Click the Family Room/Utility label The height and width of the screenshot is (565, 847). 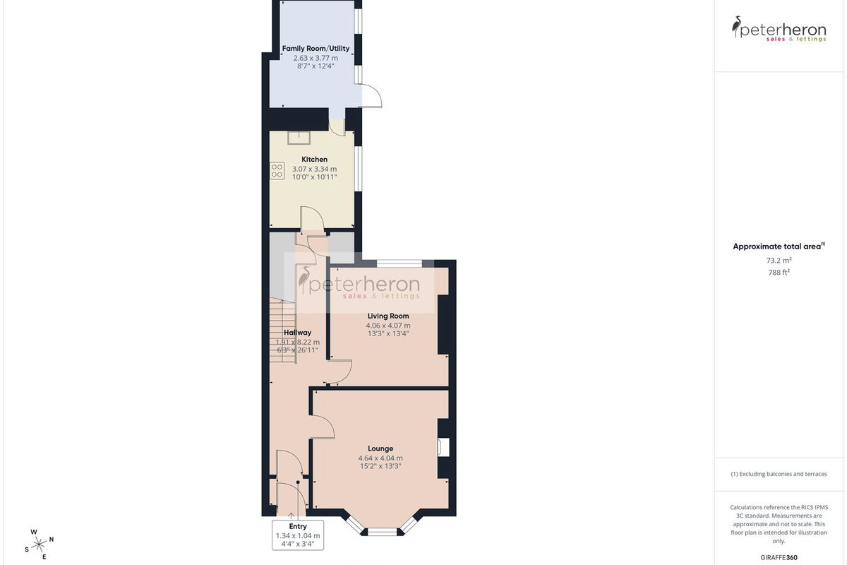(316, 49)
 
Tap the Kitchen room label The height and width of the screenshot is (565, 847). (314, 160)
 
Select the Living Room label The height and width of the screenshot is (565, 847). (388, 316)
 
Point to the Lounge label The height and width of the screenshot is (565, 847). (380, 448)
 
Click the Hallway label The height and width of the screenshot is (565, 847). (298, 333)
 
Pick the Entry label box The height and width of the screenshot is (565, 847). (298, 535)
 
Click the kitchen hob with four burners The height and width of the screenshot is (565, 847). (277, 171)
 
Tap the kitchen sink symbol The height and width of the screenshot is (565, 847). (299, 138)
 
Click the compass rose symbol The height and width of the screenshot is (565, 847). (39, 545)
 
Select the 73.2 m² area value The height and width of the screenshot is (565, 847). (779, 261)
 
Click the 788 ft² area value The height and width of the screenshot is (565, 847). (779, 272)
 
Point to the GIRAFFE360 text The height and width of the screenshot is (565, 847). (779, 557)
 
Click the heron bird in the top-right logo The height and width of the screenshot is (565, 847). (735, 27)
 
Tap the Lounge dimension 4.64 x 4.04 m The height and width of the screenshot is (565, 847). (380, 458)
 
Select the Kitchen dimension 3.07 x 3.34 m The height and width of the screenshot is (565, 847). (314, 169)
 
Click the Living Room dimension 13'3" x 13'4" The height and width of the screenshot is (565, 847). (388, 333)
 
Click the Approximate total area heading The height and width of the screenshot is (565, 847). (779, 246)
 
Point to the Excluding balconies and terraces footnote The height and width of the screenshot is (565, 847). (779, 474)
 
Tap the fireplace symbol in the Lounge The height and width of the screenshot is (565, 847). (443, 447)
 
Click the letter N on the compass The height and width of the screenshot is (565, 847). (52, 540)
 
